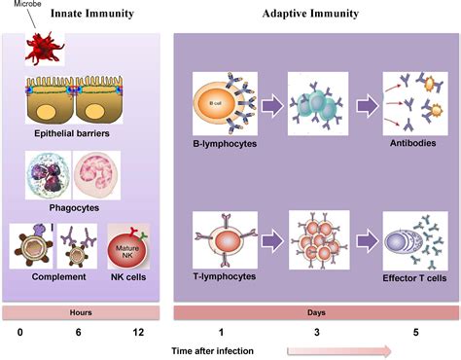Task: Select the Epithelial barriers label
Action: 77,137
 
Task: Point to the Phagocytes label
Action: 76,206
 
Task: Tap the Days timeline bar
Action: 316,311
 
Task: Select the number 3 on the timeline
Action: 316,333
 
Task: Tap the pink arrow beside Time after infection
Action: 339,350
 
